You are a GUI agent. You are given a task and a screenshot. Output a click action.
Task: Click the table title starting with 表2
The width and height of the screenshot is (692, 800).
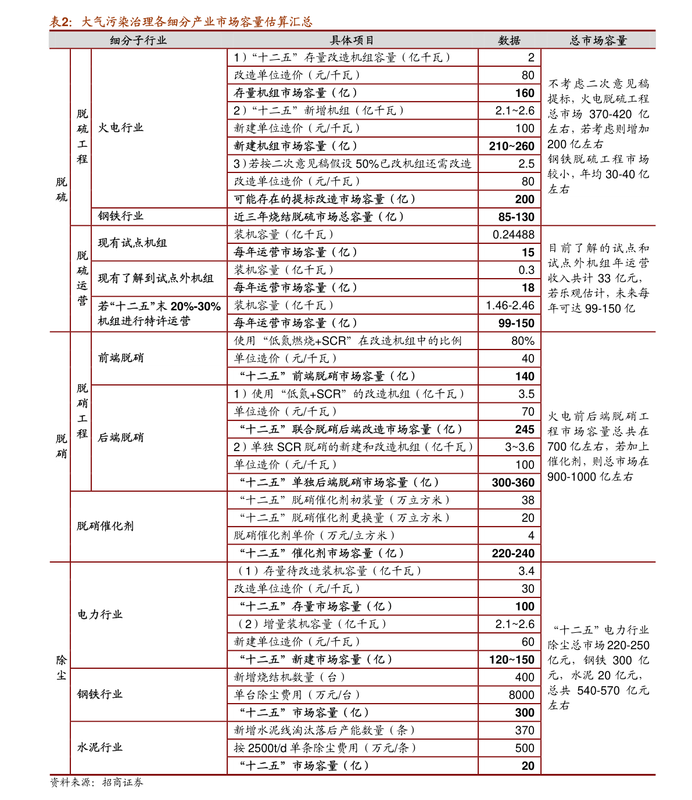[x=181, y=22]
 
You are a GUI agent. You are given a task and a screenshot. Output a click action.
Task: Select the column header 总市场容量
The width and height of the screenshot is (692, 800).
[x=598, y=40]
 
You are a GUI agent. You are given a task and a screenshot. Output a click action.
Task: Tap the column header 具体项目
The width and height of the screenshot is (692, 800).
[x=352, y=40]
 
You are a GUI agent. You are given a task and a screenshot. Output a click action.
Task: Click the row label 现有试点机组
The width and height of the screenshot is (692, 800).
[x=132, y=243]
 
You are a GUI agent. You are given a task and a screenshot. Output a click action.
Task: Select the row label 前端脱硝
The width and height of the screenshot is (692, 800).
[x=120, y=358]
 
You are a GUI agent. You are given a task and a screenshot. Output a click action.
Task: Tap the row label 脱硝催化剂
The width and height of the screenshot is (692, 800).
[x=105, y=526]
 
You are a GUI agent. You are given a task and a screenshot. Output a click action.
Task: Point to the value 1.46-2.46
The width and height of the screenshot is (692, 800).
[x=510, y=305]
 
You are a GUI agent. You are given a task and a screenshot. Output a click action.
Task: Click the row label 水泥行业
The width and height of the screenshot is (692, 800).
[x=100, y=747]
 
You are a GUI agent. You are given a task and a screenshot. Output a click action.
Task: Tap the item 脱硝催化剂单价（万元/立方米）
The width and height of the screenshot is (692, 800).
[x=314, y=535]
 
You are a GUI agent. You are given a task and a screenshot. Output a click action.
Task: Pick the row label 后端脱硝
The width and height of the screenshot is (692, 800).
[x=120, y=437]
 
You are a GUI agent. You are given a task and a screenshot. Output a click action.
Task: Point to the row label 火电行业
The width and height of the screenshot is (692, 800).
[x=120, y=128]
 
